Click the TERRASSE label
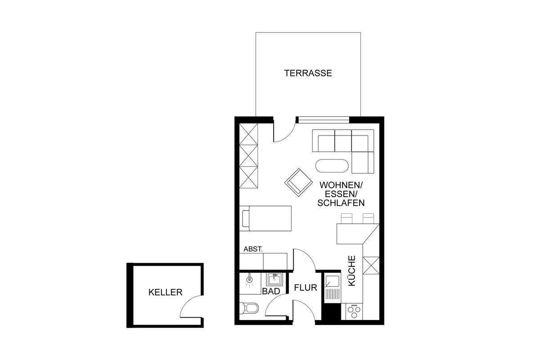[x=308, y=73]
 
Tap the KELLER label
[x=166, y=292]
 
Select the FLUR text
[x=306, y=288]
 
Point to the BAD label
[x=271, y=291]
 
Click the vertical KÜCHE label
[x=352, y=271]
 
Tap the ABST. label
[x=253, y=249]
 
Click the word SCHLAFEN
[x=341, y=203]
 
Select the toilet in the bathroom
[x=249, y=308]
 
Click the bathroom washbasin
[x=274, y=280]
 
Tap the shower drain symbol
[x=249, y=279]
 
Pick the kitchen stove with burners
[x=354, y=311]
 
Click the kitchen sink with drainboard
[x=333, y=289]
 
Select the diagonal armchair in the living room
[x=298, y=182]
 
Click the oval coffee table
[x=332, y=166]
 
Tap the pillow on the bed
[x=246, y=218]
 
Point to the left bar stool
[x=346, y=218]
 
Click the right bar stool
[x=369, y=218]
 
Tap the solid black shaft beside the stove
[x=332, y=311]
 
